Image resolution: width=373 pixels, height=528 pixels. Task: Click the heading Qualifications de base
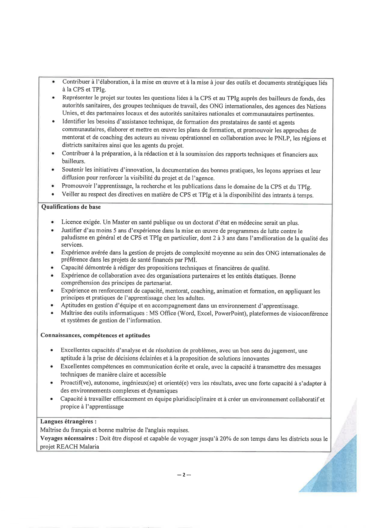(x=71, y=207)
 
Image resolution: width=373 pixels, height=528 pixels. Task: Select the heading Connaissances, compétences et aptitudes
(x=95, y=335)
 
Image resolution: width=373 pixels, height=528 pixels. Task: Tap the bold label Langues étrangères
(x=68, y=422)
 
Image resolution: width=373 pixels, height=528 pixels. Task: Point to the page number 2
(x=184, y=475)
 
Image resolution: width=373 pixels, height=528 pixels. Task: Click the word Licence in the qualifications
(x=71, y=222)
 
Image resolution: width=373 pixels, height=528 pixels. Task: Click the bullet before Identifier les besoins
(x=53, y=122)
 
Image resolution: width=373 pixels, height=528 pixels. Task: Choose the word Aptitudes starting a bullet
(x=73, y=306)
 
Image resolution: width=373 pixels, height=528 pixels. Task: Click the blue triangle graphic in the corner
(x=340, y=470)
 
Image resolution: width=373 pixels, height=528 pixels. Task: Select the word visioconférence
(x=308, y=314)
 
